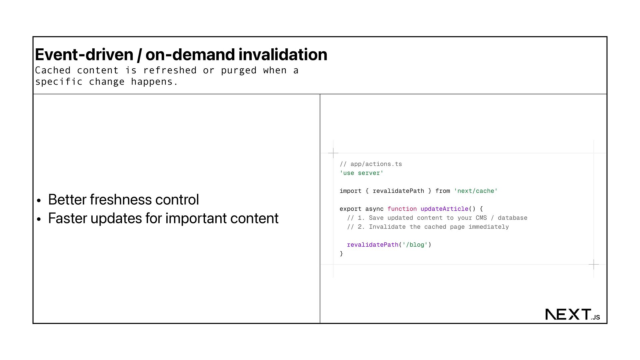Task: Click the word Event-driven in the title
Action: tap(84, 55)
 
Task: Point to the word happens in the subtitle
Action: tap(152, 82)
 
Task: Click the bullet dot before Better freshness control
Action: tap(39, 201)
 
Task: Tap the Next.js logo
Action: tap(572, 314)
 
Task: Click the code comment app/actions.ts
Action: tap(376, 164)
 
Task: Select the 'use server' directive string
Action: tap(361, 173)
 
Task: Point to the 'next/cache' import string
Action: tap(476, 191)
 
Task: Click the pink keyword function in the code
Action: tap(402, 209)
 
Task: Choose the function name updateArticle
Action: tap(444, 209)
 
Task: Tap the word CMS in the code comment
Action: tap(481, 218)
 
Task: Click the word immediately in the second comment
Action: tap(489, 227)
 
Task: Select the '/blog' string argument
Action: tap(415, 245)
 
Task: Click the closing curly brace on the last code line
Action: tap(341, 254)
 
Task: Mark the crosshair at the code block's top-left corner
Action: tap(333, 153)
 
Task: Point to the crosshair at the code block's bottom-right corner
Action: tap(594, 265)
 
